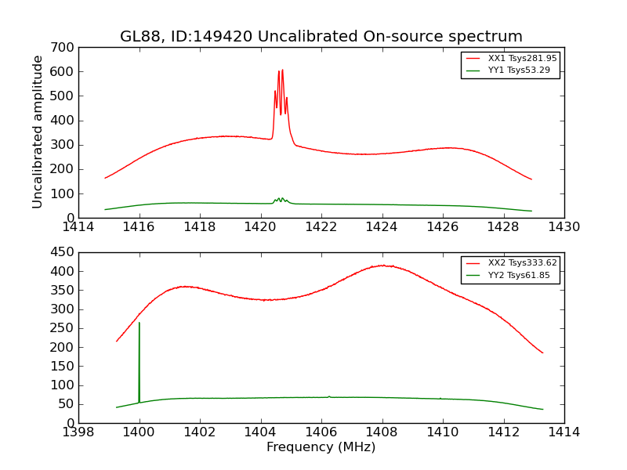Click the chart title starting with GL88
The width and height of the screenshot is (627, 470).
[x=321, y=37]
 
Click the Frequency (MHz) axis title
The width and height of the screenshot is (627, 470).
[x=321, y=447]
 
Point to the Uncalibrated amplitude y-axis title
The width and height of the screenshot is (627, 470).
[x=38, y=132]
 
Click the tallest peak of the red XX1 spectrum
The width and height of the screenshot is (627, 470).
[x=282, y=70]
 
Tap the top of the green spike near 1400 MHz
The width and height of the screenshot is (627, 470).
[x=140, y=323]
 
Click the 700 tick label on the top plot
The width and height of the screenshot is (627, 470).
[x=64, y=48]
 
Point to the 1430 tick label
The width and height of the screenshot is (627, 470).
[x=564, y=227]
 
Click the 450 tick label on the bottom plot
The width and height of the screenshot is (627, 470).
[x=64, y=252]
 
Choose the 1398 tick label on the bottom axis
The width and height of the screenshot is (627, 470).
[x=78, y=432]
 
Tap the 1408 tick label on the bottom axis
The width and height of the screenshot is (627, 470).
[x=382, y=432]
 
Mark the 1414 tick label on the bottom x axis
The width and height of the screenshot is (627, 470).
[x=564, y=432]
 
